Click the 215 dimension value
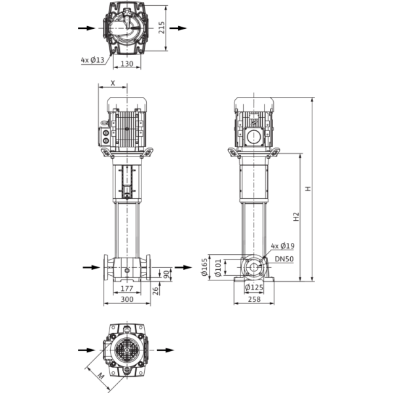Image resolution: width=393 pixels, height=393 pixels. tap(162, 28)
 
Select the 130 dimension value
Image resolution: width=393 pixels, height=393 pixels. tap(127, 64)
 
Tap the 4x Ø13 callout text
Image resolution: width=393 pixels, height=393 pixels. tap(92, 60)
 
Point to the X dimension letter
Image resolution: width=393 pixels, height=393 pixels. tap(113, 83)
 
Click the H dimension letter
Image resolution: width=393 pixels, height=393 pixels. tap(308, 189)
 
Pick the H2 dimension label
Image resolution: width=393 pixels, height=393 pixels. tap(296, 217)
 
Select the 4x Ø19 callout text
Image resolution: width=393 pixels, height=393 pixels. tap(283, 246)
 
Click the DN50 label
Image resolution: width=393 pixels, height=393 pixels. tap(284, 259)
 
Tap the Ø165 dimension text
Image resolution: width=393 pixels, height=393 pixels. tap(205, 267)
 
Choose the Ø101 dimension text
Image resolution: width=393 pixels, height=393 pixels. tap(218, 268)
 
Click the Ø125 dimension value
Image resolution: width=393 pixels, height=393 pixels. tap(254, 288)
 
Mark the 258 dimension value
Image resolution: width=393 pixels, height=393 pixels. tap(254, 299)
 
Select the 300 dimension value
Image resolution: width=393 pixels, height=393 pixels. tap(127, 299)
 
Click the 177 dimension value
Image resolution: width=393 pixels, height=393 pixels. tap(127, 288)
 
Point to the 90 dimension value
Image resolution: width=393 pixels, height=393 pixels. tap(166, 274)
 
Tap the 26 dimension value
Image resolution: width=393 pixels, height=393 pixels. tap(155, 291)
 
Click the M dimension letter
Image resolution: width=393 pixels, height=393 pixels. tap(100, 376)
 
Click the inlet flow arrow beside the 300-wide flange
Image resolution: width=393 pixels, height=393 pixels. tap(92, 267)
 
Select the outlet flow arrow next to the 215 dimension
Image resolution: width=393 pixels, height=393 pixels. tap(178, 28)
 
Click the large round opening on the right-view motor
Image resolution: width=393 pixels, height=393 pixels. tap(254, 137)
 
